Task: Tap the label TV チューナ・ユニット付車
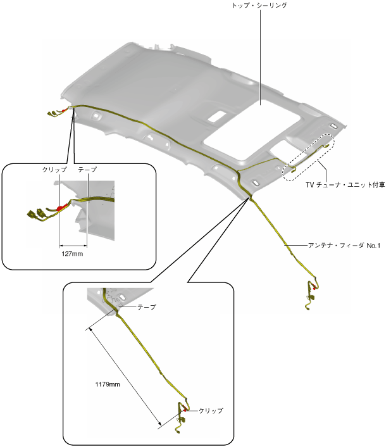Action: pyautogui.click(x=345, y=184)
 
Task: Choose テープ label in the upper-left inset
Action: pyautogui.click(x=87, y=171)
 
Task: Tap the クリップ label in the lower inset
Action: pyautogui.click(x=211, y=410)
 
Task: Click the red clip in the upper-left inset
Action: pyautogui.click(x=61, y=206)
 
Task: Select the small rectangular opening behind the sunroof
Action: pyautogui.click(x=217, y=116)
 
